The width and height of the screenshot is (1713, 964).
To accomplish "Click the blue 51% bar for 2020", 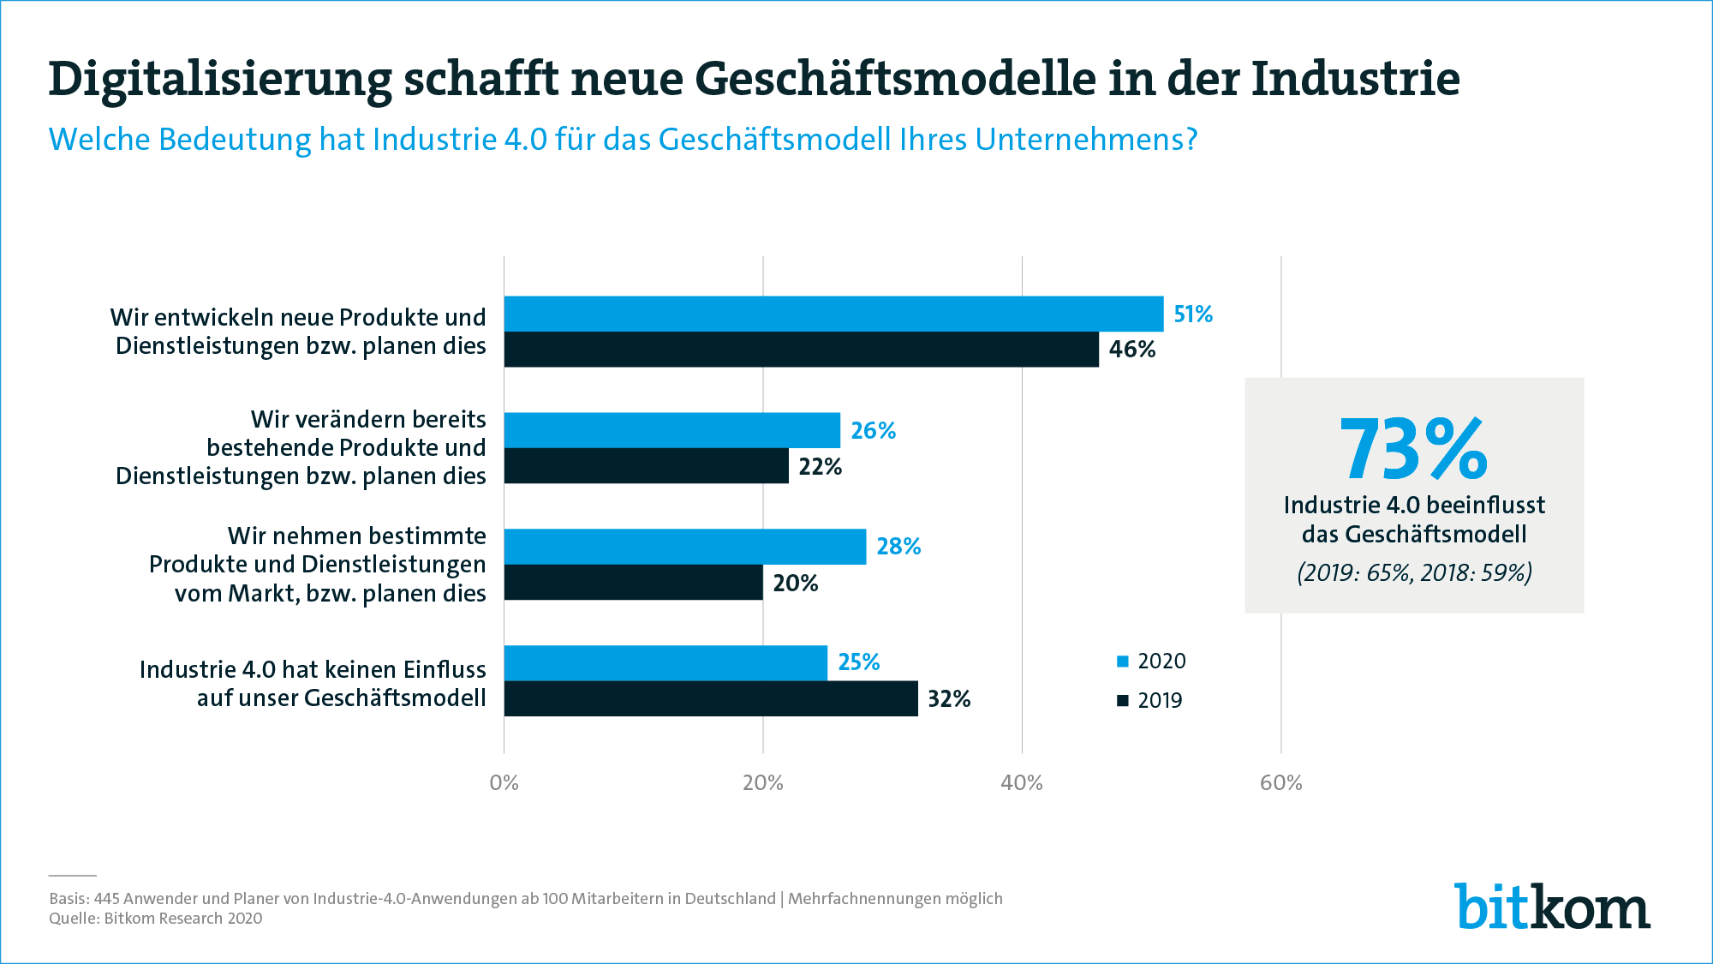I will point(833,314).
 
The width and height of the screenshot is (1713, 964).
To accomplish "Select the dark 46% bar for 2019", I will point(801,350).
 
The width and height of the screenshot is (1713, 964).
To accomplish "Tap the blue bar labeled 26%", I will point(671,430).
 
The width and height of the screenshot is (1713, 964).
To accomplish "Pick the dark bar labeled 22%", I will point(646,466).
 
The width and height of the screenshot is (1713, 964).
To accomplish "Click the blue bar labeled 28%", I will point(684,547).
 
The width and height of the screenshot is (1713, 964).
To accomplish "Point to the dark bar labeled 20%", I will point(633,583).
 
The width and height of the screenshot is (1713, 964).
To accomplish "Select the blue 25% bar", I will point(666,662).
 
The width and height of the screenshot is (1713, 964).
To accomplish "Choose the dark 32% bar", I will point(711,698).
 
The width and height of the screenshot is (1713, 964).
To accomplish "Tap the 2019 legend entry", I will point(1150,700).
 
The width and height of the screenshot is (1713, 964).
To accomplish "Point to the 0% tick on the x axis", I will point(504,782).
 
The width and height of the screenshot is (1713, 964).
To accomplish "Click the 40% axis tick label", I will point(1022,782).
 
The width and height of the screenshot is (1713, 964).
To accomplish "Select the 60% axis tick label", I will point(1280,782).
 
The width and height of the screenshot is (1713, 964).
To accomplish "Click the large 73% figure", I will point(1413,450).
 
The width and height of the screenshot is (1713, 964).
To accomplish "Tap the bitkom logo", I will point(1551,906).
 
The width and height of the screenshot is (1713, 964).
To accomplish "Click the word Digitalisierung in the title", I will point(219,79).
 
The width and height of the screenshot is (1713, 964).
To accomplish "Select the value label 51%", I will point(1192,314).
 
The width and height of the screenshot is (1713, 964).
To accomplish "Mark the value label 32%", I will point(949,699).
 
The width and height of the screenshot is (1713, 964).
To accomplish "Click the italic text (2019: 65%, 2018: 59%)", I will point(1414,572).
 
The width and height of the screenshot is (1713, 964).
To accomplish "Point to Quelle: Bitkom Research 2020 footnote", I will point(156,919).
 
